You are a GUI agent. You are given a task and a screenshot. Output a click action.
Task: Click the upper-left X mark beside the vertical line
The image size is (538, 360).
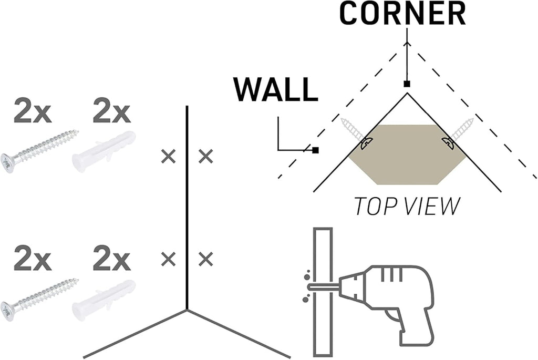(x=168, y=156)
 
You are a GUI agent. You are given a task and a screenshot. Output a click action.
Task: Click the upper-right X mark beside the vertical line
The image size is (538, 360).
(x=206, y=156)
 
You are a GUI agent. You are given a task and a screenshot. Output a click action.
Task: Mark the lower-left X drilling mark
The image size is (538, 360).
(x=168, y=259)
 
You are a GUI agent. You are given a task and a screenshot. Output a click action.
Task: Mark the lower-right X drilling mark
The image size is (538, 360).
(x=206, y=259)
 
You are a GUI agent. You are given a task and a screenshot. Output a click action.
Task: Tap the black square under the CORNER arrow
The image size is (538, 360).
(x=406, y=84)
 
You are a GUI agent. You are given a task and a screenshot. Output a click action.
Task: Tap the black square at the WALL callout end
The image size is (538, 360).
(x=315, y=150)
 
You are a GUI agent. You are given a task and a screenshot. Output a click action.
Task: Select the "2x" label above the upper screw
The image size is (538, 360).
(x=32, y=112)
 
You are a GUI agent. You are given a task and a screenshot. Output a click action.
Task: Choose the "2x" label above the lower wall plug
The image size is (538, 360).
(x=111, y=259)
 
